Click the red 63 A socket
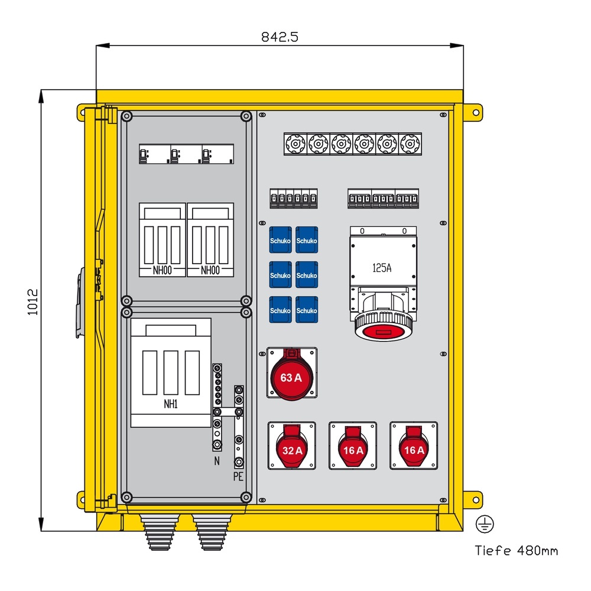[291, 377]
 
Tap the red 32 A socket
[292, 448]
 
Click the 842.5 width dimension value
[280, 37]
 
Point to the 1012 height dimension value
[33, 302]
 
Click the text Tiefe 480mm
[517, 551]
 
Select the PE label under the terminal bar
[239, 476]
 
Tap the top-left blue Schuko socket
[280, 240]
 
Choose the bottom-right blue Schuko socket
[307, 310]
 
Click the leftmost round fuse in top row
[294, 144]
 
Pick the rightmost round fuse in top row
[410, 144]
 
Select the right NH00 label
[210, 269]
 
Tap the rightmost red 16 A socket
[413, 448]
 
